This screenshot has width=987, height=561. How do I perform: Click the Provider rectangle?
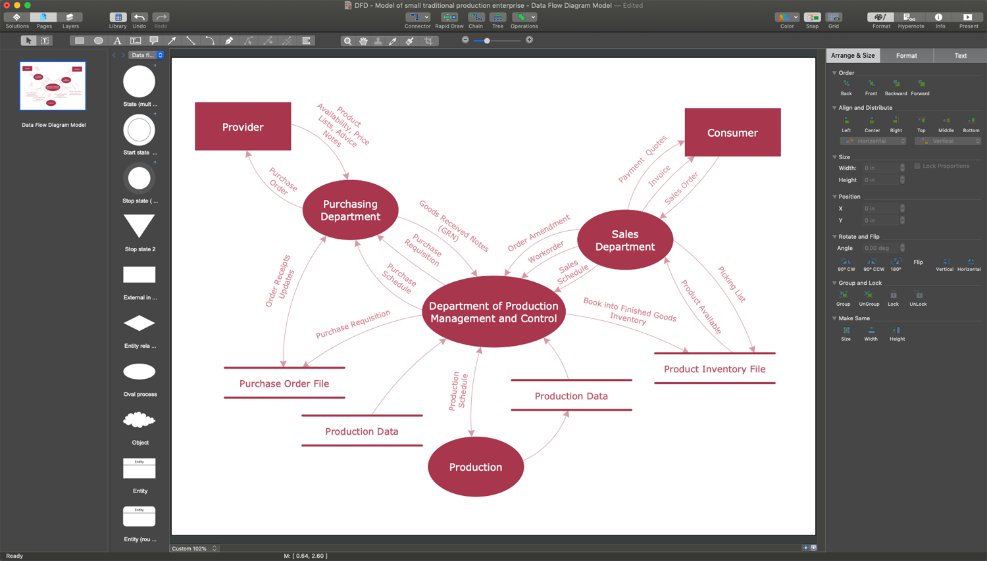pyautogui.click(x=243, y=126)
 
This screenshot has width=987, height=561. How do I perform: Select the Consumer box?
pyautogui.click(x=732, y=132)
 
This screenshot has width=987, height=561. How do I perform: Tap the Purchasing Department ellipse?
pyautogui.click(x=350, y=210)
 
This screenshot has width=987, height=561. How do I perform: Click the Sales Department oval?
pyautogui.click(x=624, y=240)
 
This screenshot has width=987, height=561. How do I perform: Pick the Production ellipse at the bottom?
pyautogui.click(x=475, y=467)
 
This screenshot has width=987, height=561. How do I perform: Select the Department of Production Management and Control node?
pyautogui.click(x=493, y=312)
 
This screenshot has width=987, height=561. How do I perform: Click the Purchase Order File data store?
pyautogui.click(x=284, y=383)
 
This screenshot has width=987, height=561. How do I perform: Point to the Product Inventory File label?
pyautogui.click(x=714, y=369)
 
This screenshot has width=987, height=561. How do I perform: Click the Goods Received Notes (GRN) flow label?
pyautogui.click(x=453, y=226)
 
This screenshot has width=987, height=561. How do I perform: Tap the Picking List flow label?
pyautogui.click(x=732, y=284)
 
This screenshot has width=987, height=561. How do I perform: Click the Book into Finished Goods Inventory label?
pyautogui.click(x=629, y=311)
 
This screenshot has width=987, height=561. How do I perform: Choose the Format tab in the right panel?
pyautogui.click(x=906, y=56)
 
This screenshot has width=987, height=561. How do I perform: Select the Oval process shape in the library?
pyautogui.click(x=139, y=372)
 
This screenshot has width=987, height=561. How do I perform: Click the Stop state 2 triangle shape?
pyautogui.click(x=139, y=226)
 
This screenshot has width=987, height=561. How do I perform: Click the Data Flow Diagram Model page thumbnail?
pyautogui.click(x=53, y=86)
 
